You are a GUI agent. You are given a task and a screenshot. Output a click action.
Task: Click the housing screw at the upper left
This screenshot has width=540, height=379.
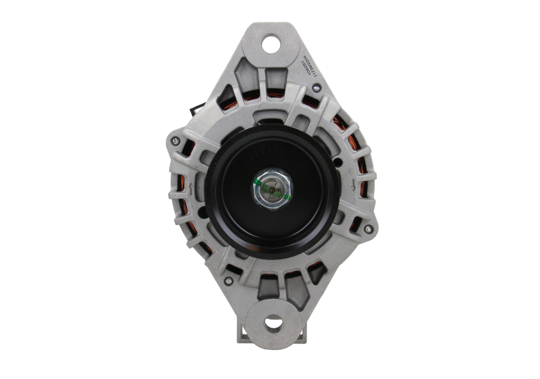coord(175,141)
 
